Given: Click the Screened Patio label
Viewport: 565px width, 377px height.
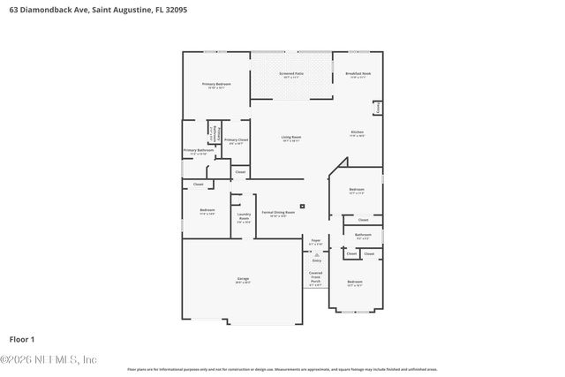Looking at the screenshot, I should tap(291, 75).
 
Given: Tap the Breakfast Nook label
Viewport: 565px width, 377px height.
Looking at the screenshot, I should tap(358, 75).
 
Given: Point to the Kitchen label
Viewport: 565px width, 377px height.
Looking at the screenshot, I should tap(357, 134).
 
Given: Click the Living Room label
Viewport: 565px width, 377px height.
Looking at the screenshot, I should tap(291, 138).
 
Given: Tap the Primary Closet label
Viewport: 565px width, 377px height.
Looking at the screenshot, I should tap(236, 141).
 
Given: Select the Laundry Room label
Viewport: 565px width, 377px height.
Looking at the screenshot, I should tap(245, 217).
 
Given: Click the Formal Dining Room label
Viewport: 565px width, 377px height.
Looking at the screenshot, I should tap(278, 214).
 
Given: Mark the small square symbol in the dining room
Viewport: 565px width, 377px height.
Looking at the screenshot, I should tap(303, 207).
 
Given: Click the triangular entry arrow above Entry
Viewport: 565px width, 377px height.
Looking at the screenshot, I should tap(316, 254).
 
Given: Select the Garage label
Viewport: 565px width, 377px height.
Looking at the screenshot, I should tap(242, 281).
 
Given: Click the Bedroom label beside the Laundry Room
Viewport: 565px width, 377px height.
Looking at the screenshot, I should tap(207, 211).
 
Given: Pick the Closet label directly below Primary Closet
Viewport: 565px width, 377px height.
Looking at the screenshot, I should tap(240, 171).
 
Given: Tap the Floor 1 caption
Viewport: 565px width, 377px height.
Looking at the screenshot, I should tap(22, 339).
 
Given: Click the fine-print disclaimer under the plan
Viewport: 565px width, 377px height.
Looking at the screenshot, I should tap(282, 369).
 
